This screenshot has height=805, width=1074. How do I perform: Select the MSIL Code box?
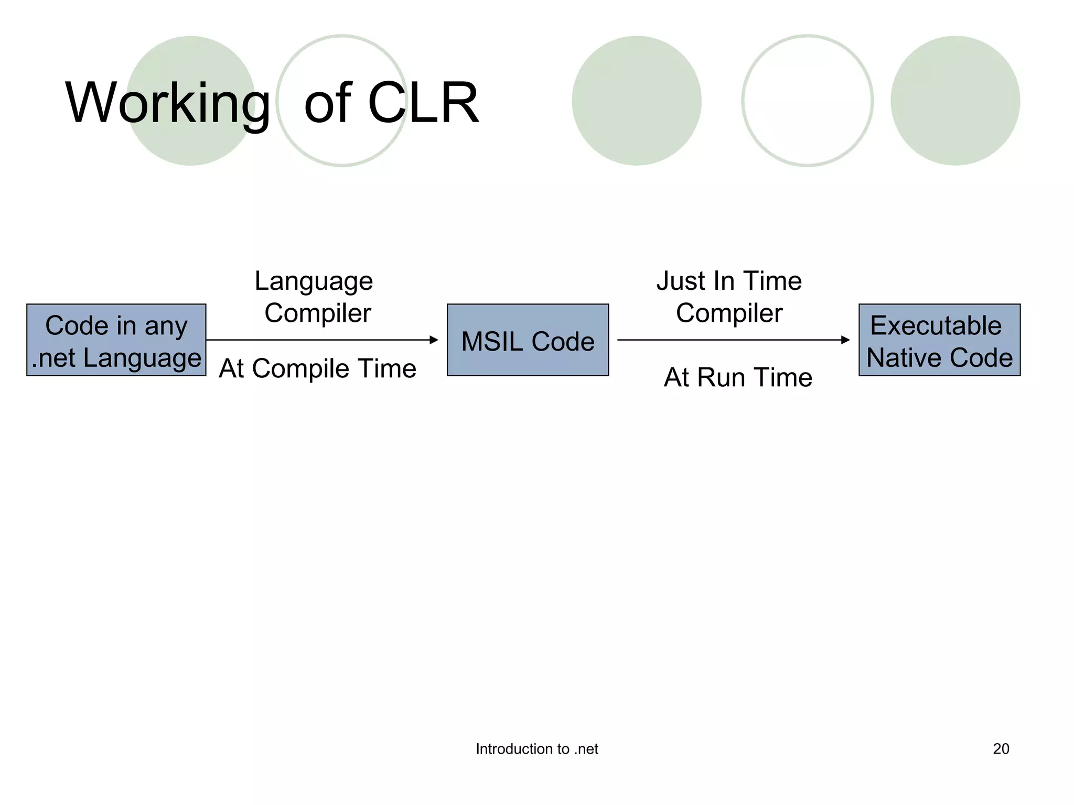coord(528,340)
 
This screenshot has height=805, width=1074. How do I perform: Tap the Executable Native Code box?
coord(939,340)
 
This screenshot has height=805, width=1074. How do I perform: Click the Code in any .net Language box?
coord(116,340)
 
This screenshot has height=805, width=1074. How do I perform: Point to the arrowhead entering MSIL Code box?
coord(434,340)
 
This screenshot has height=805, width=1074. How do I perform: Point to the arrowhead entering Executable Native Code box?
coord(845,340)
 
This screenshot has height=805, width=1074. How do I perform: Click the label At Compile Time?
coord(317,368)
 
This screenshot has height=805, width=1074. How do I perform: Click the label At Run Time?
coord(738,377)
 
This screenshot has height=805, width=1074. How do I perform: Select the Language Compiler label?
coord(315,297)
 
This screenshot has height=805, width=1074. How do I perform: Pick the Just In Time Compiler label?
coord(729,297)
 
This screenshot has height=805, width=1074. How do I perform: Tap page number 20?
coord(1001,749)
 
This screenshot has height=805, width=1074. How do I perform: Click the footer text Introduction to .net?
coord(536,749)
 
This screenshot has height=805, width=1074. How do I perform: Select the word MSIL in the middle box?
coord(491,342)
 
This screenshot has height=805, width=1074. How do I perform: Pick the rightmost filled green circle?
coord(955,101)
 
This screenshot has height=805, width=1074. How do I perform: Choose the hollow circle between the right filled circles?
coord(807,101)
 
